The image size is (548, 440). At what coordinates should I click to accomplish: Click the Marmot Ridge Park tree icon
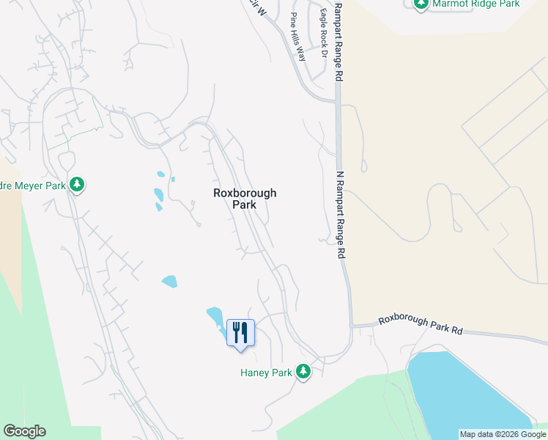[x=421, y=4]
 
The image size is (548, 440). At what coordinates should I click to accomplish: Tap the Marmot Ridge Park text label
[x=476, y=4]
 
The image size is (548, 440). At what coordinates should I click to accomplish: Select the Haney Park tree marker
[x=303, y=373]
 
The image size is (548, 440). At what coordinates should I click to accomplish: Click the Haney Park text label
[x=266, y=373]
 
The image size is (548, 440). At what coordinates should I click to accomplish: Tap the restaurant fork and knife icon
[x=240, y=333]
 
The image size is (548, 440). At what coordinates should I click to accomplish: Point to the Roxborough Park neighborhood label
[x=245, y=199]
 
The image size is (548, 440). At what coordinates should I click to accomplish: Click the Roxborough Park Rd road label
[x=421, y=326]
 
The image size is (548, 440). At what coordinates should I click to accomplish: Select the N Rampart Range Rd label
[x=340, y=215]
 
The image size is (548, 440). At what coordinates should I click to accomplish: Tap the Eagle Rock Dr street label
[x=322, y=29]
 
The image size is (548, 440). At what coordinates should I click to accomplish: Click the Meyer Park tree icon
[x=77, y=185]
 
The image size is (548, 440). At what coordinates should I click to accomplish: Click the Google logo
[x=24, y=431]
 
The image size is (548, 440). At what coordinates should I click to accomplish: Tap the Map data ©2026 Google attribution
[x=503, y=434]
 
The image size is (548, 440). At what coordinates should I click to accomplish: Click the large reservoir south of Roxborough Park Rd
[x=469, y=392]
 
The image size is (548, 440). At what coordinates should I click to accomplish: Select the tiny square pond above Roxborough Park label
[x=173, y=179]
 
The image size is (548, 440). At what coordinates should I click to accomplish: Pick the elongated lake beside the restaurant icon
[x=215, y=318]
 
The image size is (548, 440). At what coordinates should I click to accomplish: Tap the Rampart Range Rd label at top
[x=338, y=40]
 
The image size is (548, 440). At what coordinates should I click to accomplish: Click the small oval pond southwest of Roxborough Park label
[x=169, y=281]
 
